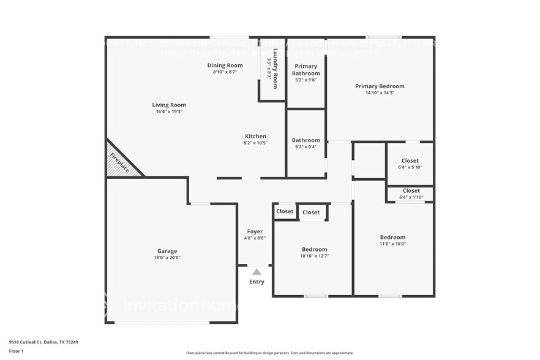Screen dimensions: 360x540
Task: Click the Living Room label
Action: [x=169, y=105]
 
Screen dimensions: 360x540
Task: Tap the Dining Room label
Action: [x=225, y=65]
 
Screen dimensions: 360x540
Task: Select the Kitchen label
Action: [x=255, y=136]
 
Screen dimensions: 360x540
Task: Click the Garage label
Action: [x=167, y=250]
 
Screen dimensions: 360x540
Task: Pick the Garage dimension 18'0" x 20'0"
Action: [x=167, y=258]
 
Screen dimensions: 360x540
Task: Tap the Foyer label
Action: [x=255, y=231]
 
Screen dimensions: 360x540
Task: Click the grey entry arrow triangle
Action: [x=257, y=272]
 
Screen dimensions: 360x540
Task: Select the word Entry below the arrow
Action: [x=257, y=282]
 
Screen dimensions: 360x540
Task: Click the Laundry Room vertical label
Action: [x=276, y=68]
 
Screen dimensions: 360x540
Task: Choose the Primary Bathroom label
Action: [x=306, y=69]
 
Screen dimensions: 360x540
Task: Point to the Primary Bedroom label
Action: [x=380, y=86]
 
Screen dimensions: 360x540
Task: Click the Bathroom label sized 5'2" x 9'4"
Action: [x=306, y=140]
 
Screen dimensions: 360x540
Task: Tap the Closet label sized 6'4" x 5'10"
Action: [x=410, y=160]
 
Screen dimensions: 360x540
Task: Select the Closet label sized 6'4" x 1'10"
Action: [x=411, y=190]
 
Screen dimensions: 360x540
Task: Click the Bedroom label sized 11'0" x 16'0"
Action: [x=392, y=237]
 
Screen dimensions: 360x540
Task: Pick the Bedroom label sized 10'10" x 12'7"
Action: [x=314, y=249]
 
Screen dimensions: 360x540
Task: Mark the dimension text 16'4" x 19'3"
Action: [x=169, y=112]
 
